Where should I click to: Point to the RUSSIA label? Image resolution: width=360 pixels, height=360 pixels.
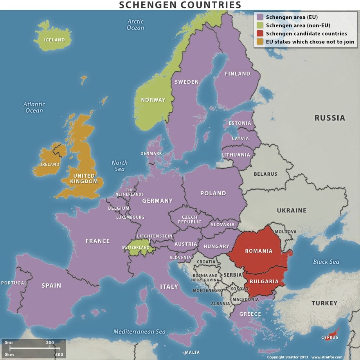pyautogui.click(x=330, y=118)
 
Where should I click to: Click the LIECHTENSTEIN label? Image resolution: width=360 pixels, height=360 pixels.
pyautogui.click(x=155, y=236)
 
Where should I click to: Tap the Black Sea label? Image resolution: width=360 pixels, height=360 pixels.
pyautogui.click(x=326, y=261)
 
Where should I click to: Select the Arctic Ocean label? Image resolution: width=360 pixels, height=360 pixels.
pyautogui.click(x=135, y=25)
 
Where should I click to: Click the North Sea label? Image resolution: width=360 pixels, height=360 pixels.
pyautogui.click(x=119, y=166)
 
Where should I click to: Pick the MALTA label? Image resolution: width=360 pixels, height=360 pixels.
pyautogui.click(x=192, y=352)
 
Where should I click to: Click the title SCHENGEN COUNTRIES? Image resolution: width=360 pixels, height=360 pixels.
pyautogui.click(x=180, y=5)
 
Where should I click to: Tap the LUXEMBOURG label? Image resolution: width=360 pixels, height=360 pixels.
pyautogui.click(x=130, y=217)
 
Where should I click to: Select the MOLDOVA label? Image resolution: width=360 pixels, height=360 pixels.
pyautogui.click(x=285, y=232)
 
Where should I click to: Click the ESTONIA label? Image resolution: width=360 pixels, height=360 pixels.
pyautogui.click(x=239, y=123)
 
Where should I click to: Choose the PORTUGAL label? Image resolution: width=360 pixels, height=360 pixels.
pyautogui.click(x=14, y=283)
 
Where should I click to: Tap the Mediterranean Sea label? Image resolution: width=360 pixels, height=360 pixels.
pyautogui.click(x=140, y=331)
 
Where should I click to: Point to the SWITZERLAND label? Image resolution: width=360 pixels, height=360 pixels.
pyautogui.click(x=136, y=248)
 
